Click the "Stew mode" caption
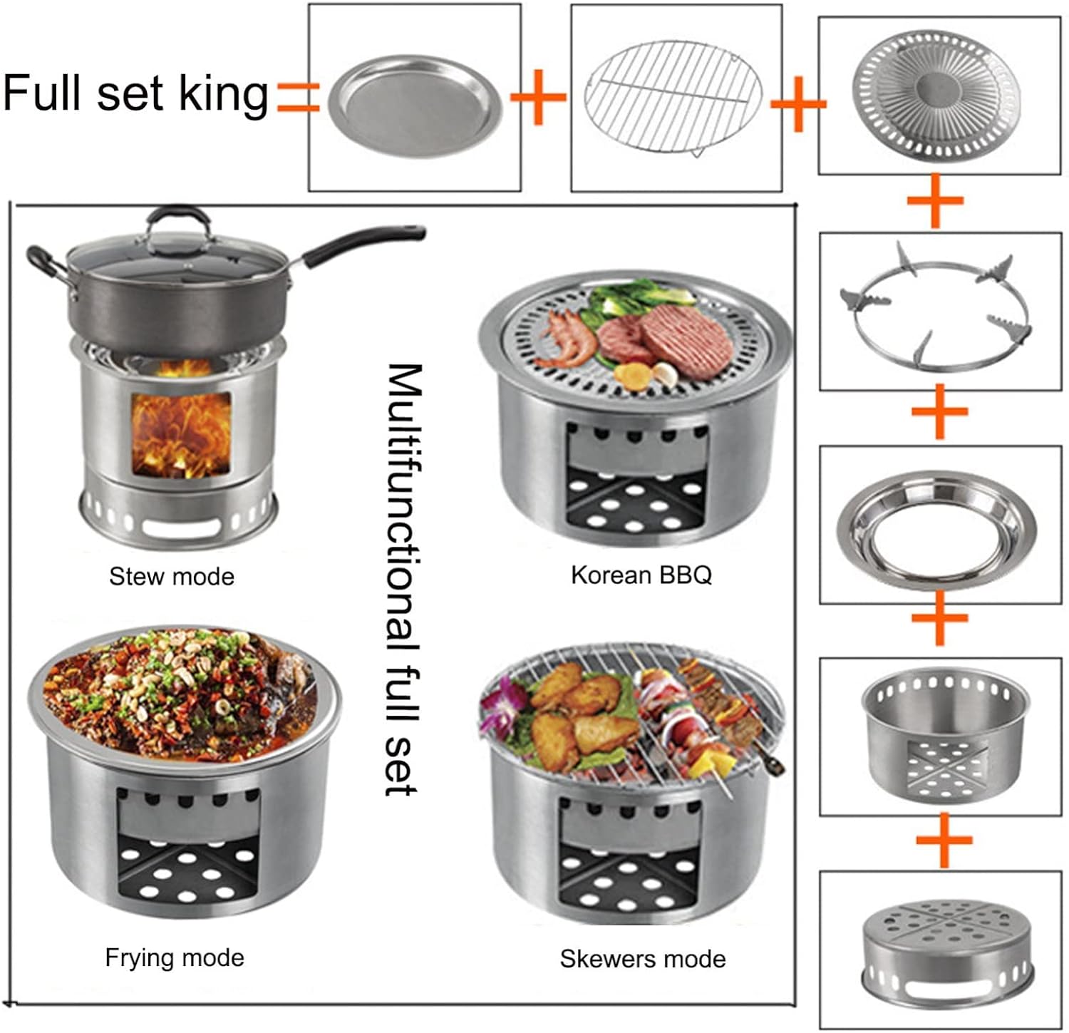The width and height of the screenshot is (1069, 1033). click(172, 576)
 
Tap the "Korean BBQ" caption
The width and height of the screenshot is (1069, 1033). click(641, 575)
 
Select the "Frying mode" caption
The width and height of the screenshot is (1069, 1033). click(175, 957)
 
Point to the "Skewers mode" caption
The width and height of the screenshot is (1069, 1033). click(643, 959)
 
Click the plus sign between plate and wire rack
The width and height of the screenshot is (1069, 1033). click(539, 97)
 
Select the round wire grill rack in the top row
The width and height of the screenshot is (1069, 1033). click(673, 98)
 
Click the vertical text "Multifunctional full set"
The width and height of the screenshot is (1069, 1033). click(404, 579)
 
